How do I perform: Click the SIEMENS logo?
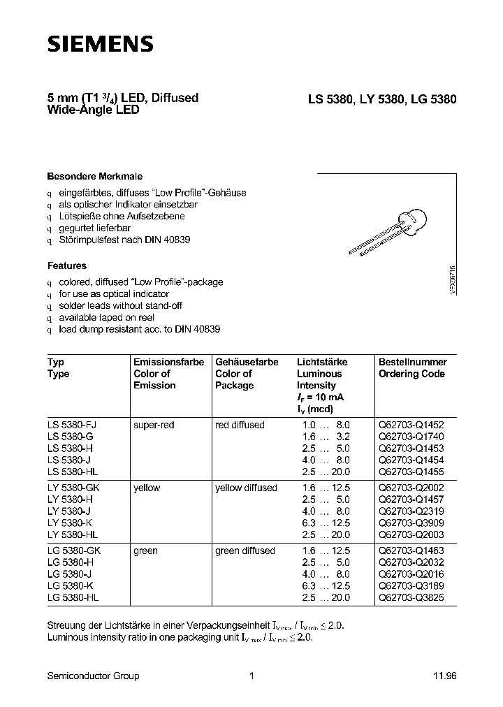(100, 44)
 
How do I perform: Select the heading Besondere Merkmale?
(94, 177)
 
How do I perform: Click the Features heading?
(67, 265)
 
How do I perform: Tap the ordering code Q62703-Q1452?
(411, 425)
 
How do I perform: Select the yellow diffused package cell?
(246, 488)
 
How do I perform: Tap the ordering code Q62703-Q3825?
(411, 598)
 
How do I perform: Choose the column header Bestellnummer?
(412, 362)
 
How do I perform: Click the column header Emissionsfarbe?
(168, 362)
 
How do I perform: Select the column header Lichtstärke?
(322, 362)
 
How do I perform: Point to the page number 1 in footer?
(251, 676)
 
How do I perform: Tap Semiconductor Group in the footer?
(93, 676)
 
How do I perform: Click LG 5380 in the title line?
(432, 99)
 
